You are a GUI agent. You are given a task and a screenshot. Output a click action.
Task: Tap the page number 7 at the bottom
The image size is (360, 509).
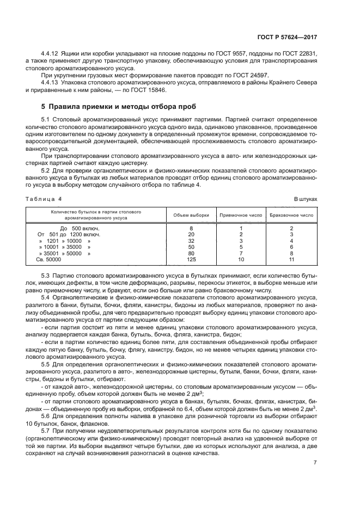pos(315,463)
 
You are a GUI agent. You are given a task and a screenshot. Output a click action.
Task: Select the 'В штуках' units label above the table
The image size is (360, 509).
pos(306,199)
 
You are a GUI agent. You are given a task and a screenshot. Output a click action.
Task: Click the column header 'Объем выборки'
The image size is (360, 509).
pos(191,214)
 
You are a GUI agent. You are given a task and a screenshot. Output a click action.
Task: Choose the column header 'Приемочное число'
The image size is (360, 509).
pos(240,214)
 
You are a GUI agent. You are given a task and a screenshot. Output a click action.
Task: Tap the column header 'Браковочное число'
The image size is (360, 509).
pos(291,214)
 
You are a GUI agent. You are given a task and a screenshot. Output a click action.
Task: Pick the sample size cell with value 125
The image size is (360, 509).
pos(191,260)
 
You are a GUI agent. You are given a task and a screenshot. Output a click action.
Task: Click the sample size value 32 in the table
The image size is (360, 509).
pos(191,240)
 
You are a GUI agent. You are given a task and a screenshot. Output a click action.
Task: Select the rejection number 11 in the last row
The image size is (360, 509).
pos(291,260)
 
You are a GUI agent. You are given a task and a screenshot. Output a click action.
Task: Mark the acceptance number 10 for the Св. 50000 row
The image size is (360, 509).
pos(240,260)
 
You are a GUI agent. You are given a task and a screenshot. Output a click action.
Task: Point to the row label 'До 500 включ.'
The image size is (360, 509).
pos(79,228)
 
